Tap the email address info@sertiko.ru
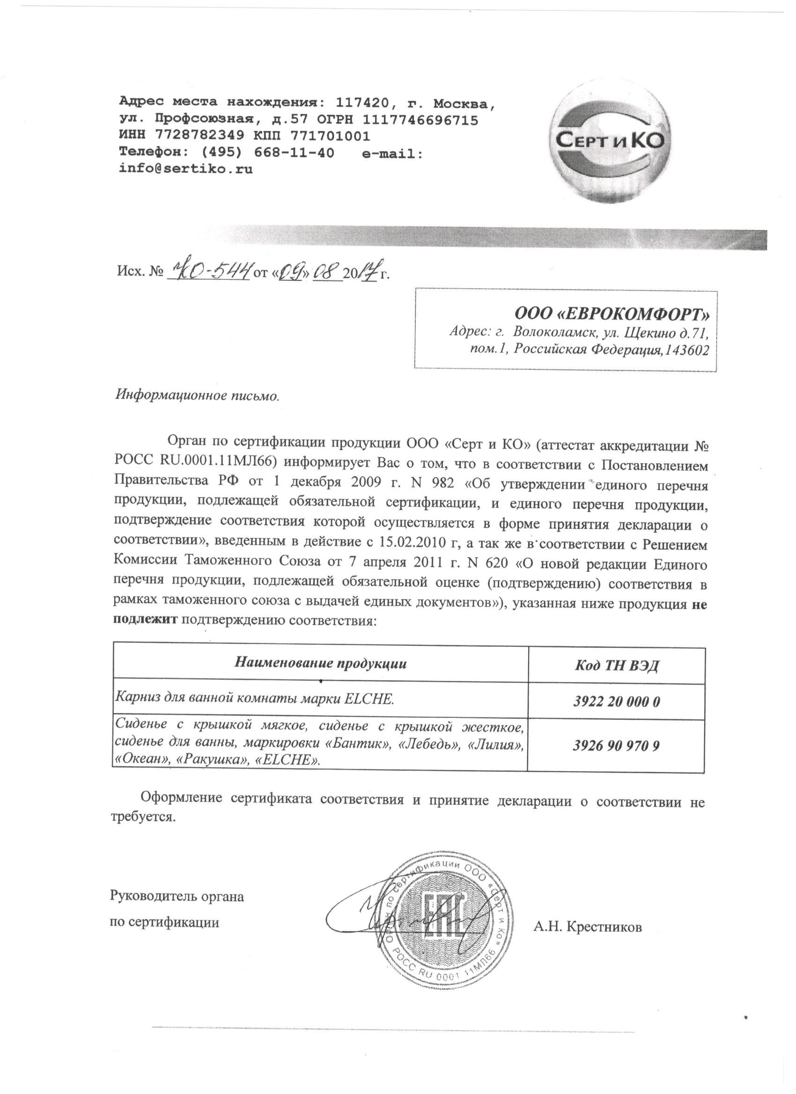[186, 169]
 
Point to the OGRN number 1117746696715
[420, 120]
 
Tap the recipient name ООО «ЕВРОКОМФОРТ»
[612, 314]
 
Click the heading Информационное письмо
[198, 396]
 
